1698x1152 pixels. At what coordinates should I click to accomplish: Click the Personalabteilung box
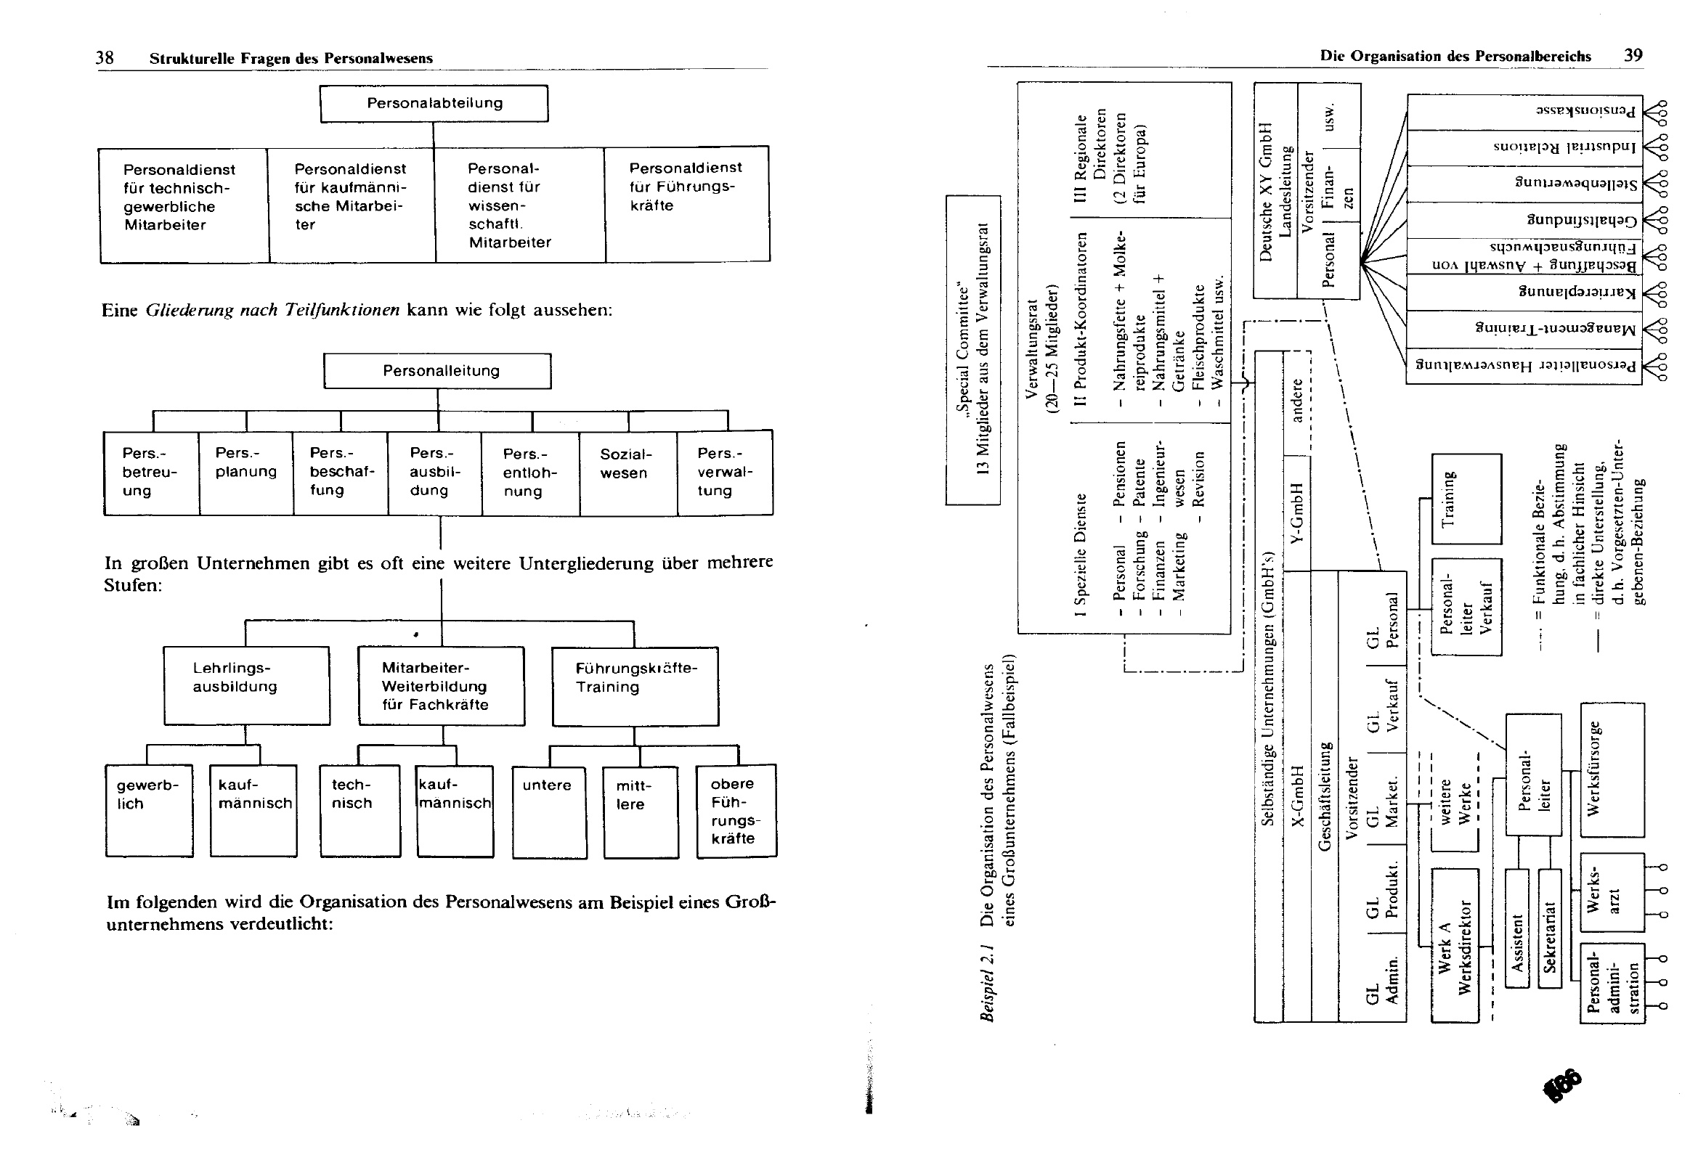point(434,104)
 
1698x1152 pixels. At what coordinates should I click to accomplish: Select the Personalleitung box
point(438,371)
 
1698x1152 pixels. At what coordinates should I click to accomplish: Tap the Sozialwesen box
point(627,473)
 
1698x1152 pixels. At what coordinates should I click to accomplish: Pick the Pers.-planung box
point(245,473)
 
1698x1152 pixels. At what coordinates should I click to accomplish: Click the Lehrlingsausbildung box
point(246,685)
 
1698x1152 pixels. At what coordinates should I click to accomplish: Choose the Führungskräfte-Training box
point(635,686)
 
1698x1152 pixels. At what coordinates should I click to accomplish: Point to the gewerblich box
point(149,809)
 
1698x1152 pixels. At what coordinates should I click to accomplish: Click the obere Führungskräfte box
point(736,810)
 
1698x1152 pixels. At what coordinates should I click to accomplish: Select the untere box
point(549,811)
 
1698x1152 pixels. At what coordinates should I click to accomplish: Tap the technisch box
point(359,809)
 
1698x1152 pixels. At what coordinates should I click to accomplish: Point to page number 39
point(1633,55)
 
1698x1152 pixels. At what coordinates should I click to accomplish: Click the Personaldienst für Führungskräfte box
point(687,203)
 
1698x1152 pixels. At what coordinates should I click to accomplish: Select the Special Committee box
point(972,350)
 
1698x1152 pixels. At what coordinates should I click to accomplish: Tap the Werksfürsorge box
point(1612,769)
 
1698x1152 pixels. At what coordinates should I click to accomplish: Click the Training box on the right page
point(1466,498)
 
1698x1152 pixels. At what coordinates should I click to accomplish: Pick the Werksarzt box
point(1612,892)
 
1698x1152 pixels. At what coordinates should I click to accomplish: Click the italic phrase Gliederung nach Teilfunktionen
point(272,311)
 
